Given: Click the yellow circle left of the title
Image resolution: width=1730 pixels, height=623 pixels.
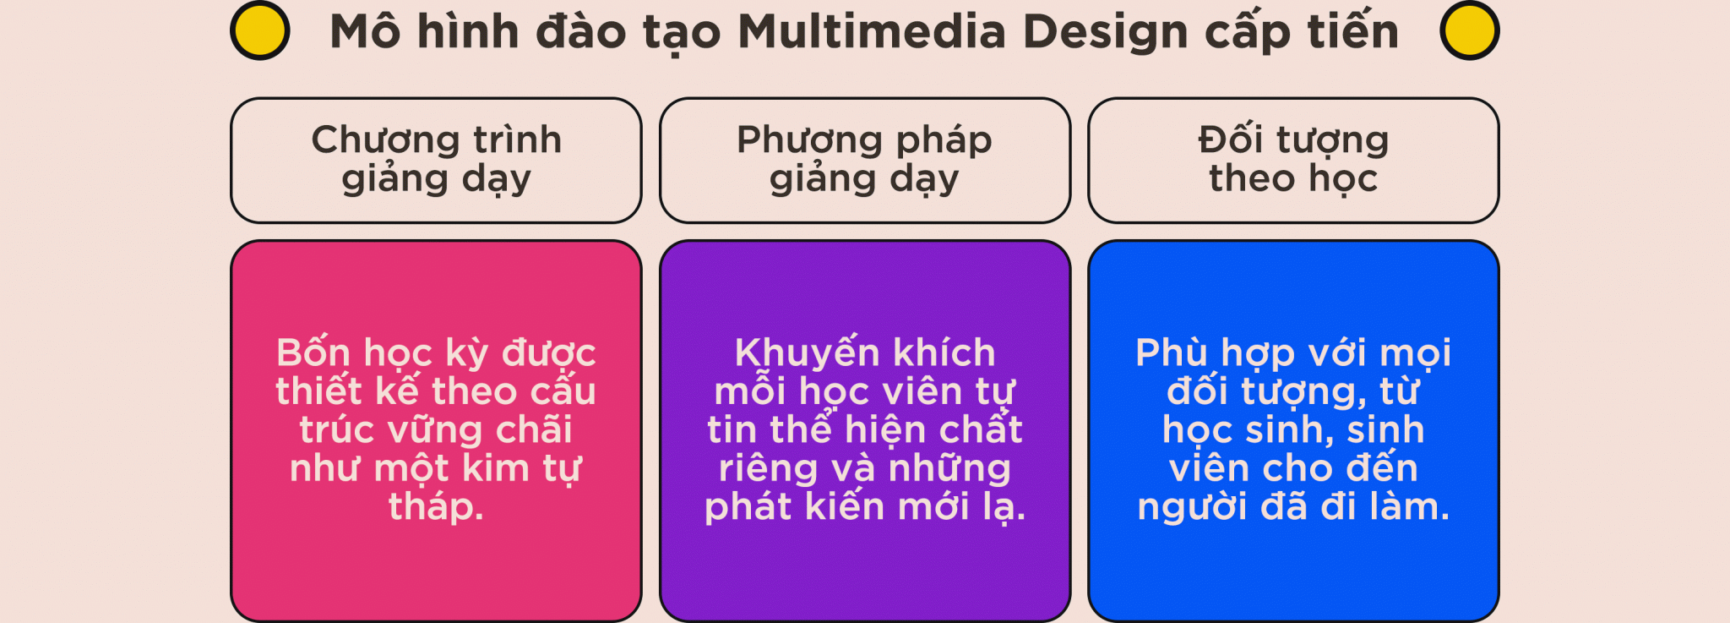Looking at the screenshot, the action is (x=260, y=30).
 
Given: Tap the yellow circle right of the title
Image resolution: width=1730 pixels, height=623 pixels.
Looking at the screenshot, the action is (x=1470, y=30).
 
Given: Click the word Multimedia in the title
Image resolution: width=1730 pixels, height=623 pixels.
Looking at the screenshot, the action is (x=872, y=32).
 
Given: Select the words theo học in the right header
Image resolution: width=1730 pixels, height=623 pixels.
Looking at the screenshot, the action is (x=1293, y=179).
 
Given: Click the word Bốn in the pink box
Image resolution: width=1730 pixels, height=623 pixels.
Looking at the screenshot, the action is (x=313, y=352).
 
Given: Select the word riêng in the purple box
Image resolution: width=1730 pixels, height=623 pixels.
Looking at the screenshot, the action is (x=769, y=470).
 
